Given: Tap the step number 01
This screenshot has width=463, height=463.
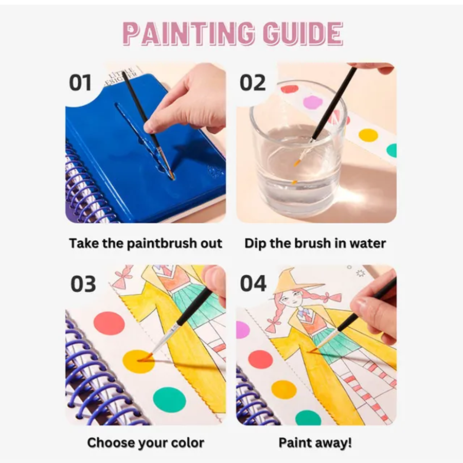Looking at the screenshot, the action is [x=80, y=82].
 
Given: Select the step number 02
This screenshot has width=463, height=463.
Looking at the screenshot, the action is [x=253, y=82].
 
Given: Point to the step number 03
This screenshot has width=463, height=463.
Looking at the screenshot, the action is [x=83, y=284].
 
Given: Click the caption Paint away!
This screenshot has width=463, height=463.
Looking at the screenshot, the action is [x=315, y=442].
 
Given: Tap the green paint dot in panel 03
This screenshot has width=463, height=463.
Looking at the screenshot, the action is [x=169, y=400].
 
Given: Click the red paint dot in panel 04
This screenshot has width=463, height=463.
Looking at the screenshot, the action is [x=260, y=360].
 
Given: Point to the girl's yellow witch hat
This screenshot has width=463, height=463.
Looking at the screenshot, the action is [x=295, y=282].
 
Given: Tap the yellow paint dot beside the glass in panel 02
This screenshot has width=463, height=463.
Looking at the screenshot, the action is [x=368, y=135].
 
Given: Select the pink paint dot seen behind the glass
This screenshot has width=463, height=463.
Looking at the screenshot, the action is [x=314, y=102].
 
